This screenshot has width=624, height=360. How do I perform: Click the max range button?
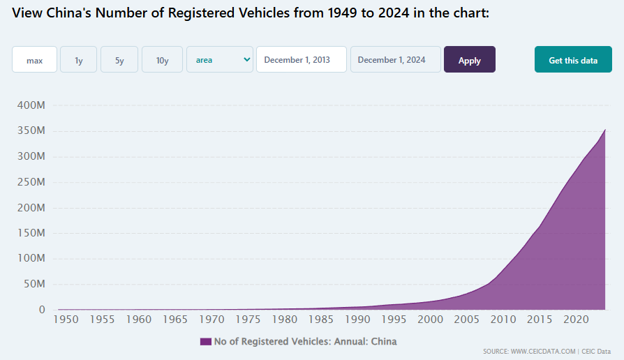34,60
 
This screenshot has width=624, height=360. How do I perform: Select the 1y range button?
78,60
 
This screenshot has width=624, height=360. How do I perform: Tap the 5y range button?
119,60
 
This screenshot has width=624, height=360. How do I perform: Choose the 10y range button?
162,60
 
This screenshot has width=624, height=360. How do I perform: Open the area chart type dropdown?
220,60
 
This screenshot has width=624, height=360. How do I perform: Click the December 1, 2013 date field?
302,60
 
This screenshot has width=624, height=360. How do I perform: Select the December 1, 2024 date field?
396,60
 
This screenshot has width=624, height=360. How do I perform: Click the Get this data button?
573,60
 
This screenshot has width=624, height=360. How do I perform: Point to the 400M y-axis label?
31,105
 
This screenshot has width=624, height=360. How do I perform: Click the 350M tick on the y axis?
31,131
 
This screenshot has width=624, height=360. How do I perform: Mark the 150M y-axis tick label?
31,233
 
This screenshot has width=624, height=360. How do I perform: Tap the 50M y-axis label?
33,284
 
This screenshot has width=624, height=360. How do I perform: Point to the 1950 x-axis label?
66,320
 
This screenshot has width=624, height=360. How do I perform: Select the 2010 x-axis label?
502,320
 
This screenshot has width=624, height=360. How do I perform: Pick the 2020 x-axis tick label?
574,320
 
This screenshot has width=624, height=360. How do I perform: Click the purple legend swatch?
205,342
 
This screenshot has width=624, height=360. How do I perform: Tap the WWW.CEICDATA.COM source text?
543,351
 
